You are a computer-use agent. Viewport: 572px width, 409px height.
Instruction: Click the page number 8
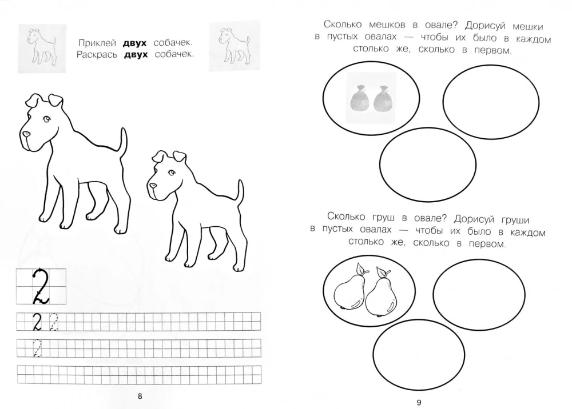(x=141, y=397)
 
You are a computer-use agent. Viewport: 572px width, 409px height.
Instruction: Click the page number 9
(x=418, y=402)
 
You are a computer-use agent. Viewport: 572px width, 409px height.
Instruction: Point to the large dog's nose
(x=26, y=135)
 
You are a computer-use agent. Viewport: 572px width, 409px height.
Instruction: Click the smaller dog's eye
(x=170, y=173)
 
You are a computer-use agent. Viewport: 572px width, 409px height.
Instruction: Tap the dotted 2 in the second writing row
(x=38, y=348)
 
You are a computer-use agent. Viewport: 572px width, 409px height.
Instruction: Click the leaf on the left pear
(x=360, y=268)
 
